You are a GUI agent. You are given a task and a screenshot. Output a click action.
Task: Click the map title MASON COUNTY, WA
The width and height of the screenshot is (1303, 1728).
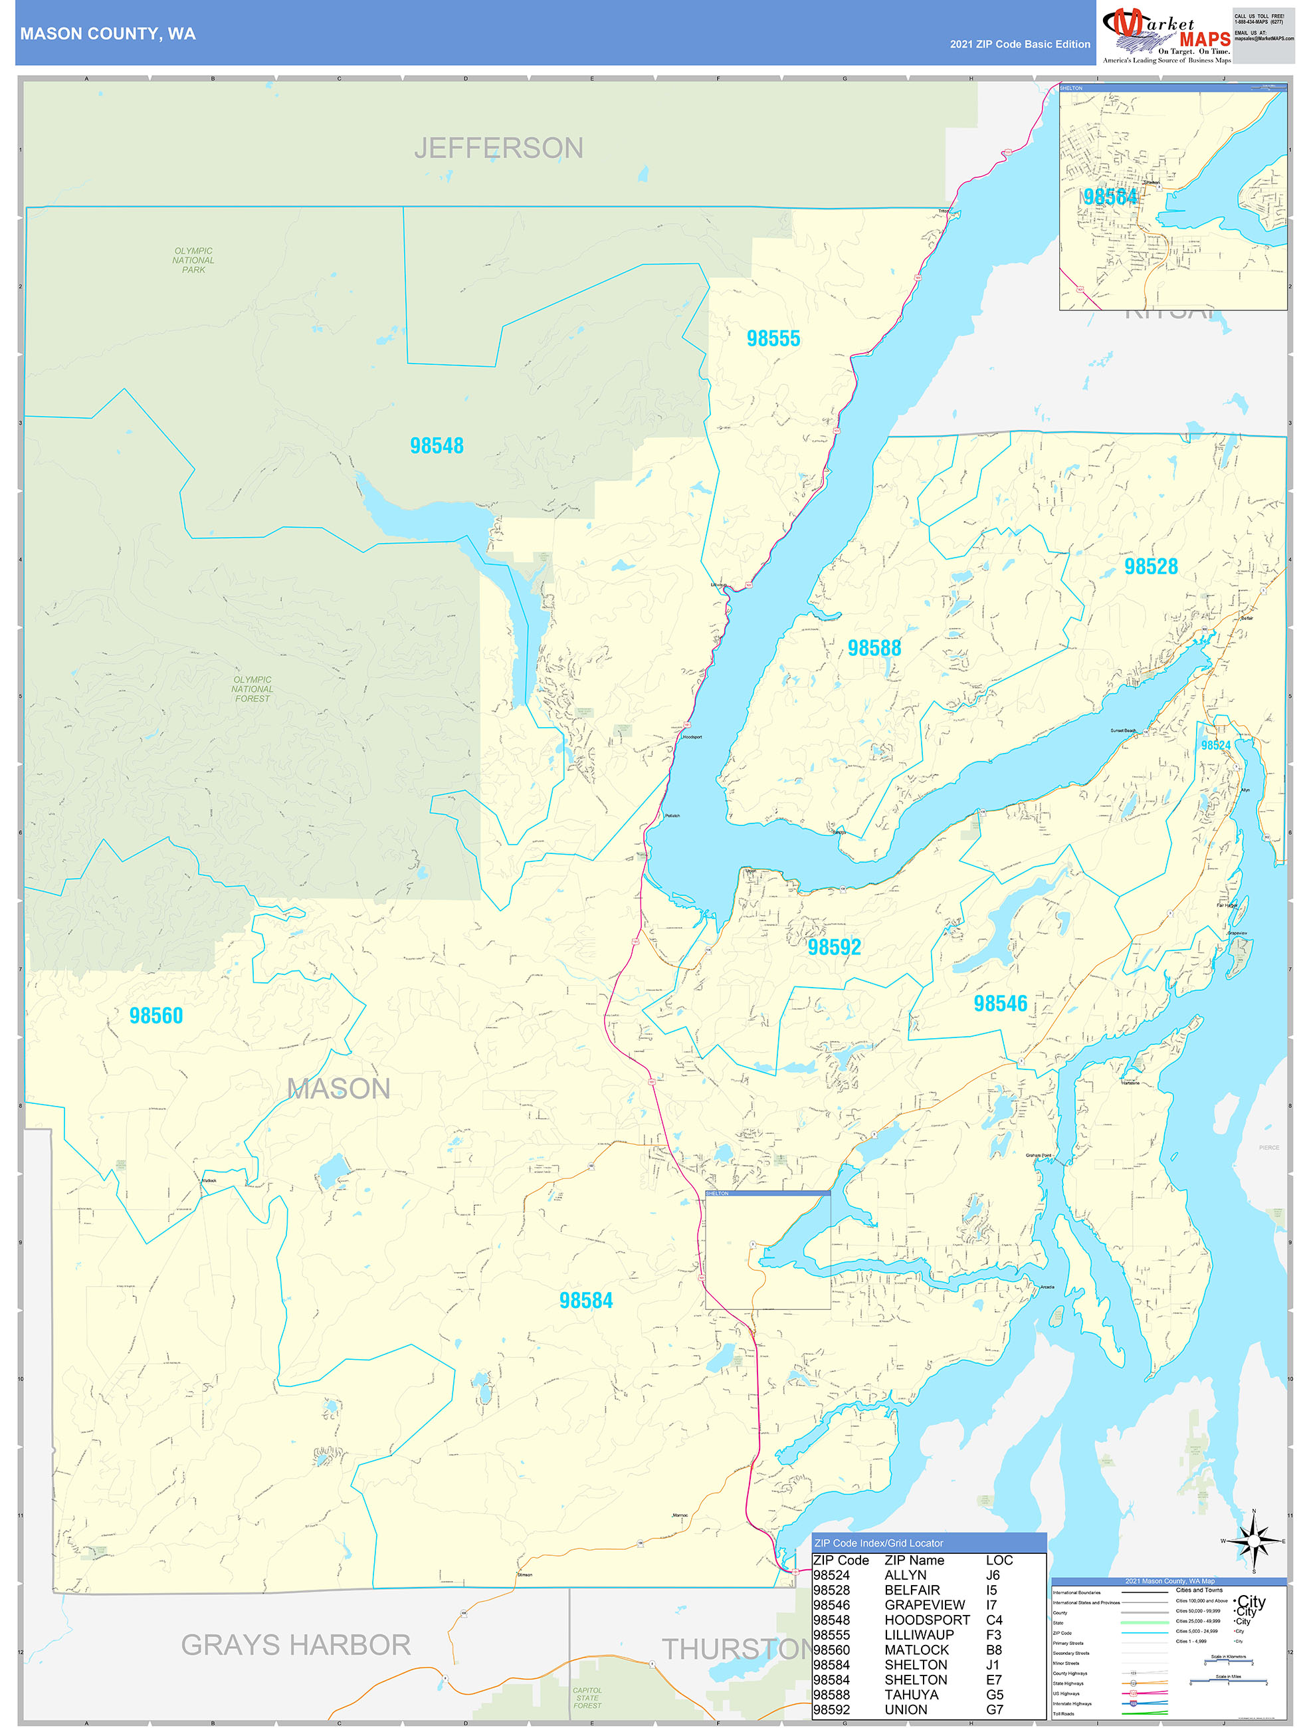coord(108,34)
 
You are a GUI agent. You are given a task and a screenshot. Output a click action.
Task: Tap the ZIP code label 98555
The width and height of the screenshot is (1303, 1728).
coord(773,338)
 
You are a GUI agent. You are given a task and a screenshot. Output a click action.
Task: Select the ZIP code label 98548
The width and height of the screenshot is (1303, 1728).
coord(437,445)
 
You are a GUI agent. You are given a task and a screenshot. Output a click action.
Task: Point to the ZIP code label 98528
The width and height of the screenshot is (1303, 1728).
coord(1150,566)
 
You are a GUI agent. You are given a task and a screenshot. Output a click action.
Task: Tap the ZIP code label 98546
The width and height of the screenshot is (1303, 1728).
coord(999,1003)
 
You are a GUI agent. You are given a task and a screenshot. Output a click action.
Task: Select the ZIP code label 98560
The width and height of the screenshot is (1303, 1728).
coord(155,1015)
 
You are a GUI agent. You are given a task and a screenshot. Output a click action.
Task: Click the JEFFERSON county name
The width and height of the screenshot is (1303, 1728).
coord(498,148)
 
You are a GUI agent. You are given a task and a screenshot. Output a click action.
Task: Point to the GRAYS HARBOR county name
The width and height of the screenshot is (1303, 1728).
coord(295,1644)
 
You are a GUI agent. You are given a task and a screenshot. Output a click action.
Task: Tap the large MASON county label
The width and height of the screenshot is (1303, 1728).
coord(338,1088)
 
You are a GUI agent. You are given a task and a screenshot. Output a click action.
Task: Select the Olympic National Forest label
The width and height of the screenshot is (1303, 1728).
coord(252,689)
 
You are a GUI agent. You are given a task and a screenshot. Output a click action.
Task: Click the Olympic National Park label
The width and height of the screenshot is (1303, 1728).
coord(193,260)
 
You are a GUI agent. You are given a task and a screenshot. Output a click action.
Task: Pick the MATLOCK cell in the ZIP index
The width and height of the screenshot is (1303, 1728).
coord(916,1649)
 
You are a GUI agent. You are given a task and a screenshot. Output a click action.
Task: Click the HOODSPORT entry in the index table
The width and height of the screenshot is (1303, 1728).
coord(926,1620)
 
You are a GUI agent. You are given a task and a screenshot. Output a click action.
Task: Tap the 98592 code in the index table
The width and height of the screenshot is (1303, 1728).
coord(831,1709)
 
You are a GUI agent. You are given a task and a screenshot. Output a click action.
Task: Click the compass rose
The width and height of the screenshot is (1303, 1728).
coord(1253,1541)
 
